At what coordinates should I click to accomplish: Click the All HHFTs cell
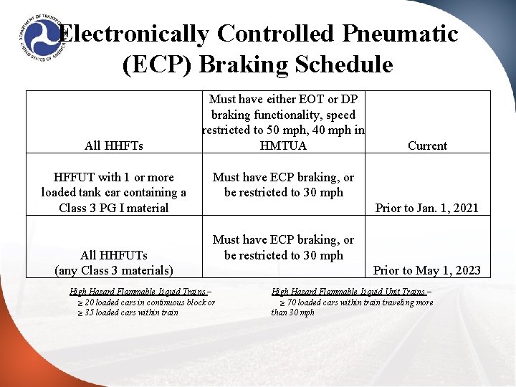pyautogui.click(x=113, y=145)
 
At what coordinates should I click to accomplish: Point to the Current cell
pyautogui.click(x=427, y=145)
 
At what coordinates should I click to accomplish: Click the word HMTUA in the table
pyautogui.click(x=283, y=145)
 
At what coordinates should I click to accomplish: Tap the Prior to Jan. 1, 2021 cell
pyautogui.click(x=427, y=208)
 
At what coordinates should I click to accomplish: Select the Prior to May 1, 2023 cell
pyautogui.click(x=427, y=270)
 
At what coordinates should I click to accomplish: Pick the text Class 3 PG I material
pyautogui.click(x=114, y=208)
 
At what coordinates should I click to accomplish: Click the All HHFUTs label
pyautogui.click(x=113, y=255)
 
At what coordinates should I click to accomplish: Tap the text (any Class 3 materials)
pyautogui.click(x=114, y=270)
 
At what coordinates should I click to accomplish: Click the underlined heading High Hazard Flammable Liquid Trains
pyautogui.click(x=140, y=292)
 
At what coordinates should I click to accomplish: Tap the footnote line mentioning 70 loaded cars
pyautogui.click(x=355, y=302)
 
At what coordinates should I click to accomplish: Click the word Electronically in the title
pyautogui.click(x=133, y=34)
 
